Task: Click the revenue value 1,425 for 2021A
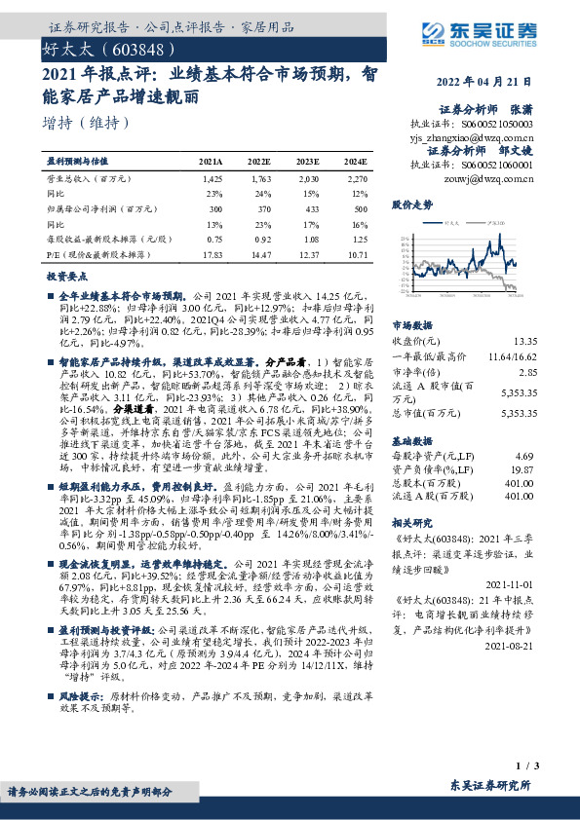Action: pos(212,179)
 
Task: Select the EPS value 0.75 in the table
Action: pos(212,239)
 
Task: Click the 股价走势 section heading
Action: pos(411,205)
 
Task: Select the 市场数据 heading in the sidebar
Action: pos(411,326)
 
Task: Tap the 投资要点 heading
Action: pos(67,277)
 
